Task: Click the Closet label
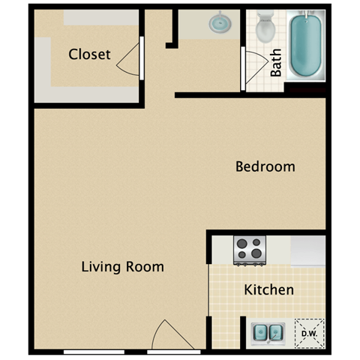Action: click(89, 54)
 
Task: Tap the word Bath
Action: click(276, 63)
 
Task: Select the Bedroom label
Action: click(265, 166)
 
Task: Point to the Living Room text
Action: click(122, 267)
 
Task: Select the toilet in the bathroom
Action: click(265, 28)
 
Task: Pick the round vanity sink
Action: click(219, 23)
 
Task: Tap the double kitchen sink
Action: click(266, 332)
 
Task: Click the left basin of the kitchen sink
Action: click(259, 332)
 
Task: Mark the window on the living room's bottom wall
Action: click(94, 352)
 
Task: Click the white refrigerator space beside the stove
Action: click(308, 250)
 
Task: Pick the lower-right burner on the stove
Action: click(257, 254)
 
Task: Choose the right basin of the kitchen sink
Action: click(274, 332)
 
